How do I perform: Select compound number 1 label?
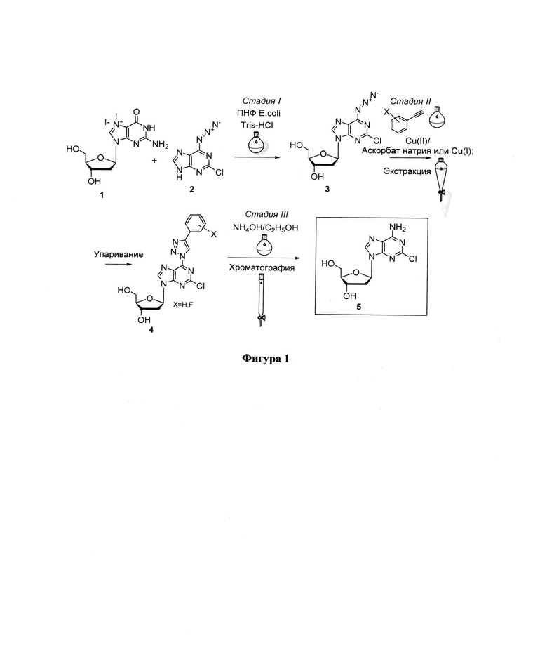(101, 194)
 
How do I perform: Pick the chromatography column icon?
(261, 298)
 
